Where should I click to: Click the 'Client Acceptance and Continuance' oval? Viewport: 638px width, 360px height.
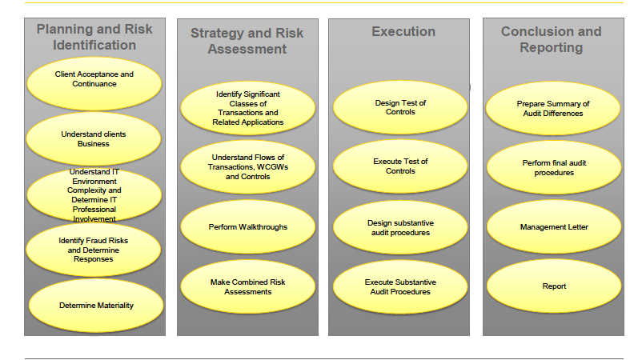[x=94, y=83]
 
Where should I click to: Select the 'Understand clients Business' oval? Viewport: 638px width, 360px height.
[x=94, y=138]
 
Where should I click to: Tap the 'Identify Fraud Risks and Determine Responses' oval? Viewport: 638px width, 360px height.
[x=94, y=250]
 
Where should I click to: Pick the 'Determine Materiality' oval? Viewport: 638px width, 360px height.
[x=96, y=306]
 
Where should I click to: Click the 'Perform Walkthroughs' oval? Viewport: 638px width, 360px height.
[x=248, y=227]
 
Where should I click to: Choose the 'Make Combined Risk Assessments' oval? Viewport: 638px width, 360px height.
[x=248, y=286]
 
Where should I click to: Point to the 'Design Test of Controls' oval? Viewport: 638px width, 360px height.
[x=400, y=107]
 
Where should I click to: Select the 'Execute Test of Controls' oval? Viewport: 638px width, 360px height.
[x=400, y=166]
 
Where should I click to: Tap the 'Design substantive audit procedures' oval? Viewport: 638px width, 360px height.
[x=400, y=228]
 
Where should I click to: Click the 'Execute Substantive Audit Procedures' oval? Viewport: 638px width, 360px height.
[x=400, y=286]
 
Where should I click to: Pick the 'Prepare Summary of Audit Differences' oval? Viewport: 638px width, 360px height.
[x=553, y=109]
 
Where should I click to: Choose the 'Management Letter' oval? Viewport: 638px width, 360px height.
[x=554, y=227]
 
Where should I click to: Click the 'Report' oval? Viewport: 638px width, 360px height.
[x=554, y=286]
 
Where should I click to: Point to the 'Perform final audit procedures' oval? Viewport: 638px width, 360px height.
[x=554, y=167]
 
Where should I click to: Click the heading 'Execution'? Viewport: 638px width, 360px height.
[x=403, y=31]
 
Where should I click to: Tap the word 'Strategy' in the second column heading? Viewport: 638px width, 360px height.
[x=219, y=34]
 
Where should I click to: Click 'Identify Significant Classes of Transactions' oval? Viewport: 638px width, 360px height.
[x=248, y=108]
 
